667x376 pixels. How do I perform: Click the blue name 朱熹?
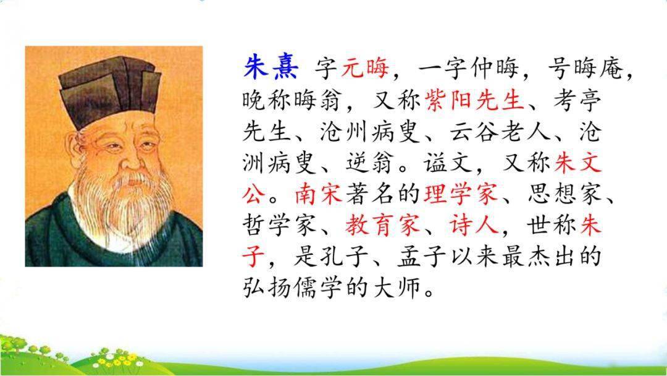pyautogui.click(x=271, y=67)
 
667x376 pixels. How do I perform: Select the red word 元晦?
pyautogui.click(x=365, y=68)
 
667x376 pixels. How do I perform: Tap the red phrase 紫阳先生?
pyautogui.click(x=474, y=100)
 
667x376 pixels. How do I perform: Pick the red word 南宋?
pyautogui.click(x=319, y=194)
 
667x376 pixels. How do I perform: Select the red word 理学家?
pyautogui.click(x=460, y=194)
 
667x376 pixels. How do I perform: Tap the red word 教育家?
pyautogui.click(x=382, y=225)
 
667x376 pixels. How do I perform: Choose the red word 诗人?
pyautogui.click(x=474, y=225)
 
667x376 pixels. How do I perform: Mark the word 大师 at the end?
pyautogui.click(x=396, y=288)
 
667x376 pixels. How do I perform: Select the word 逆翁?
pyautogui.click(x=369, y=163)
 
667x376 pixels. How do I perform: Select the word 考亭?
pyautogui.click(x=577, y=100)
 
